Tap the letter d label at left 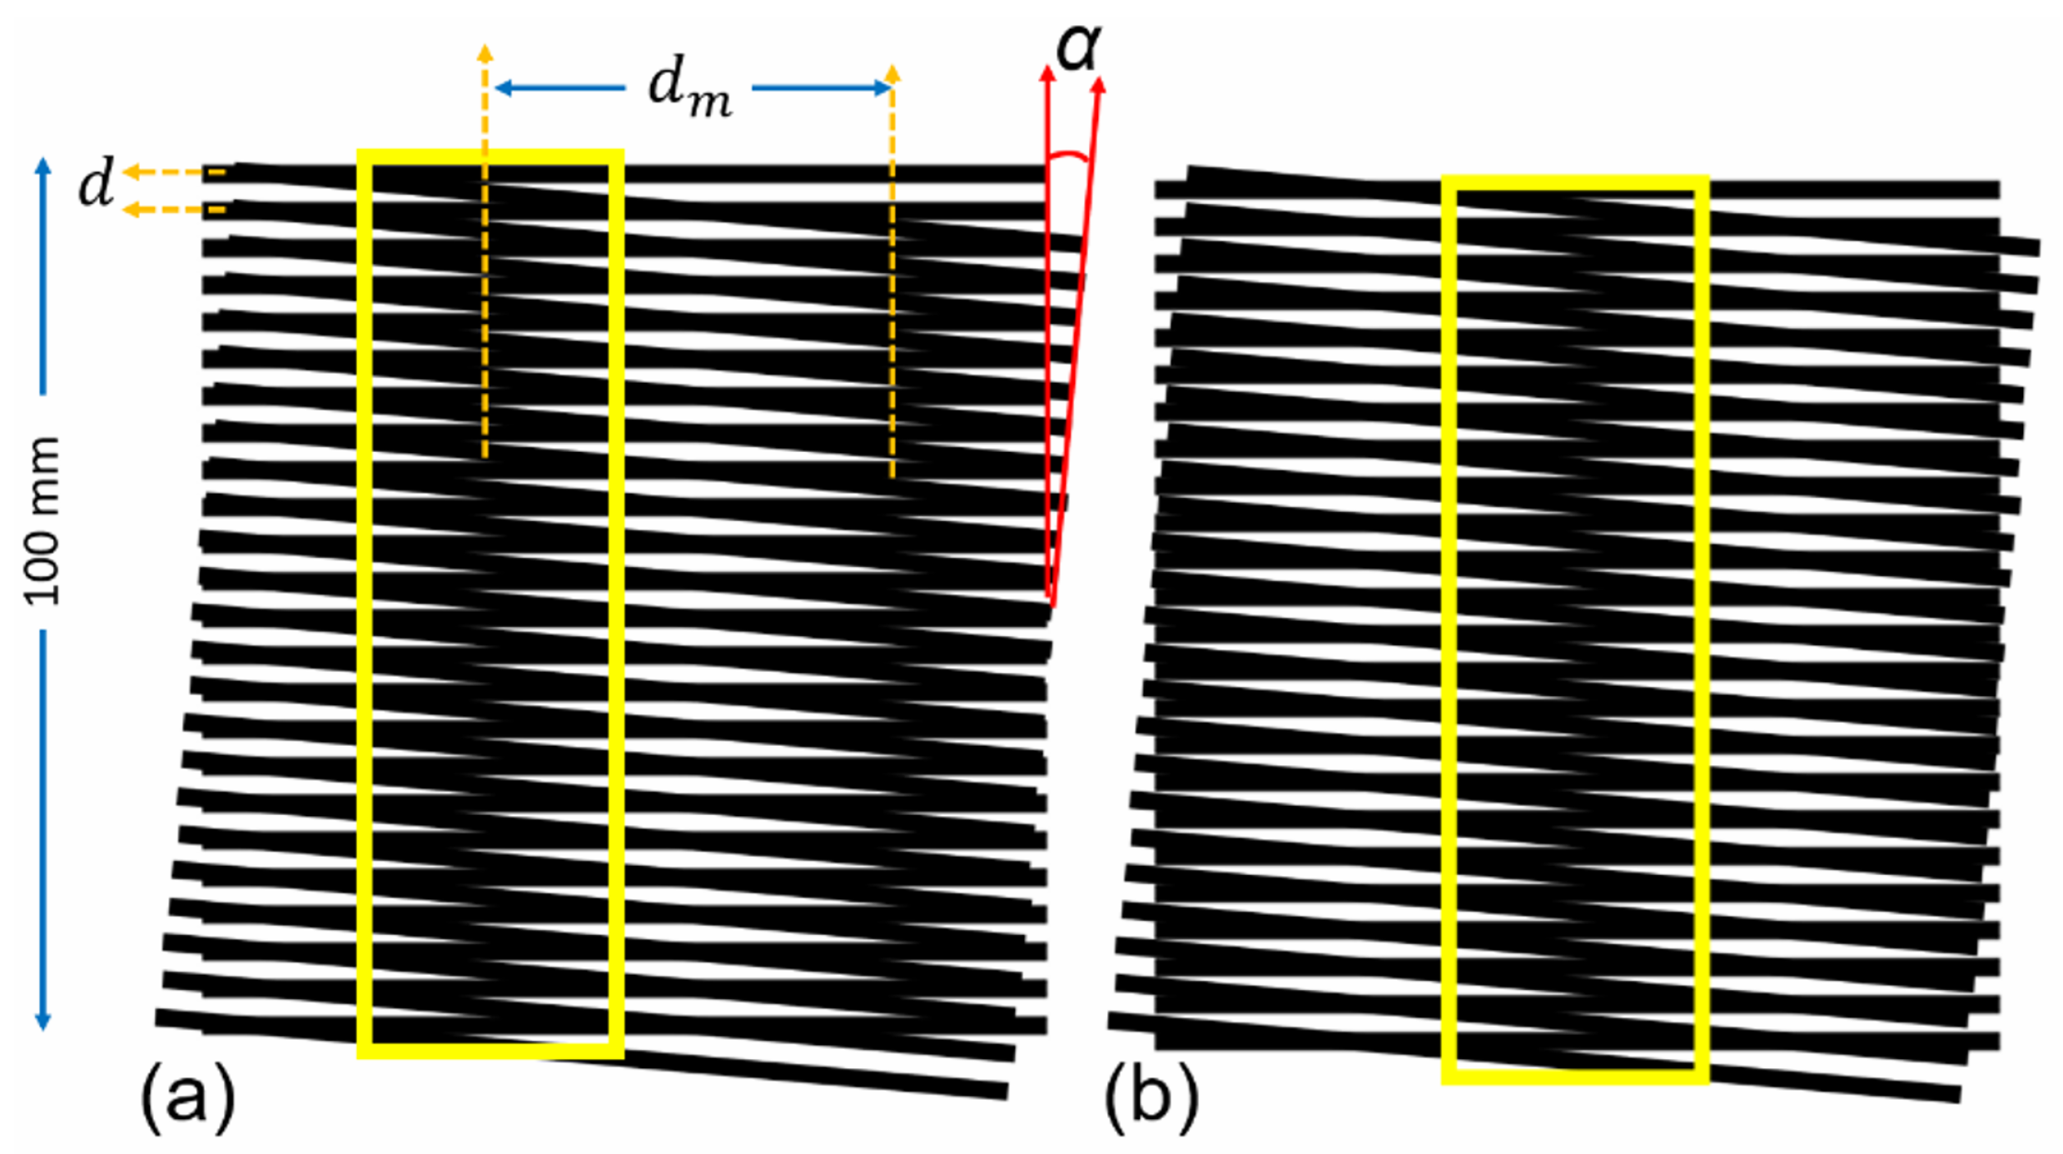point(96,184)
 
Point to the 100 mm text point(42,520)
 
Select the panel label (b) point(1151,1097)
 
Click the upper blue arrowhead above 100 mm point(43,165)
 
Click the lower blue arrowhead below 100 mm point(43,1022)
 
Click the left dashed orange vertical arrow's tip point(485,53)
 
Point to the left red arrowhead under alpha point(1047,73)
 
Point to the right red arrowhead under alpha point(1100,83)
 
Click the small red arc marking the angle point(1068,156)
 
